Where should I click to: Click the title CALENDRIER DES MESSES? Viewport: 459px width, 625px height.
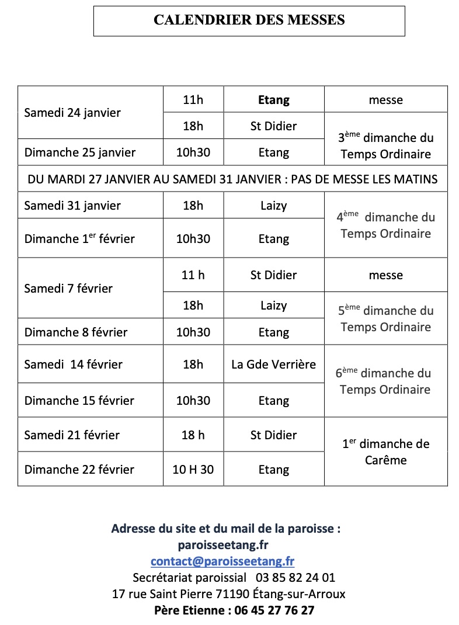pyautogui.click(x=249, y=20)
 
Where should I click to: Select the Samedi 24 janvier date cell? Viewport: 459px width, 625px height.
pyautogui.click(x=72, y=113)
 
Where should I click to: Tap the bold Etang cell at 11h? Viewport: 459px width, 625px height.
pyautogui.click(x=273, y=100)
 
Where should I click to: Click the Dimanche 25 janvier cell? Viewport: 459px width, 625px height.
pyautogui.click(x=79, y=152)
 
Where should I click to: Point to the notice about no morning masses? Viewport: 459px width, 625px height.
pyautogui.click(x=232, y=179)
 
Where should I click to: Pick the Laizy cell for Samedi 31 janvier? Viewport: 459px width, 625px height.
pyautogui.click(x=273, y=206)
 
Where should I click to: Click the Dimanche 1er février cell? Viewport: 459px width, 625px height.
pyautogui.click(x=79, y=238)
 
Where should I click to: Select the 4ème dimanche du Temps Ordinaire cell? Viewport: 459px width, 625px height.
pyautogui.click(x=385, y=225)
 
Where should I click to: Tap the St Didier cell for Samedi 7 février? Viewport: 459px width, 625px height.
pyautogui.click(x=273, y=275)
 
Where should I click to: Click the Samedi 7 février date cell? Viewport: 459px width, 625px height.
pyautogui.click(x=68, y=289)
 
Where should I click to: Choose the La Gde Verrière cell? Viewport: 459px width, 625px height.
pyautogui.click(x=273, y=364)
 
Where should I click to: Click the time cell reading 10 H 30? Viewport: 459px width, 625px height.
pyautogui.click(x=193, y=470)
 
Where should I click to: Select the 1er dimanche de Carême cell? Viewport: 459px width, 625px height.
pyautogui.click(x=385, y=452)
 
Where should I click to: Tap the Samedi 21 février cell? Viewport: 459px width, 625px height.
pyautogui.click(x=72, y=435)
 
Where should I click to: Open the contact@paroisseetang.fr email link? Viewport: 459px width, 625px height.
pyautogui.click(x=222, y=562)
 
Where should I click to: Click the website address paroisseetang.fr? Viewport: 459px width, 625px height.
pyautogui.click(x=223, y=545)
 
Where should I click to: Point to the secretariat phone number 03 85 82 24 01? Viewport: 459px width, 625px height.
pyautogui.click(x=295, y=578)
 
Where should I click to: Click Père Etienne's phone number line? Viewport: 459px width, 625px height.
pyautogui.click(x=234, y=611)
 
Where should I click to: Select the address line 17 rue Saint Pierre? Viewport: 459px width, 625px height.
pyautogui.click(x=228, y=595)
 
